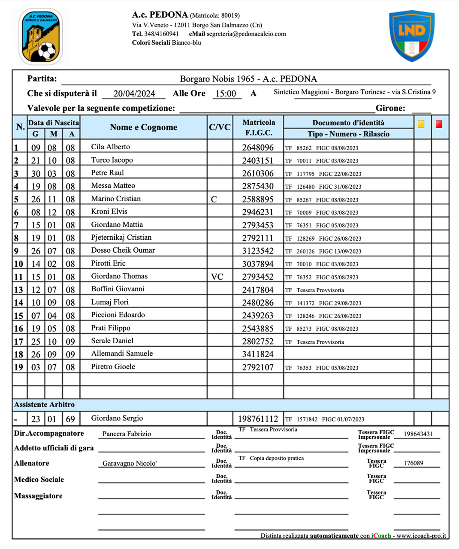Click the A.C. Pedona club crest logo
pos(41,37)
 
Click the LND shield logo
pos(411,36)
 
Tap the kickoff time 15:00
pos(226,94)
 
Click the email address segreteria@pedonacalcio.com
pos(246,34)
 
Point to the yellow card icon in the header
pos(421,124)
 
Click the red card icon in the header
pos(439,124)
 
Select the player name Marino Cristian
pos(116,199)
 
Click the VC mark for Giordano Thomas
pos(217,277)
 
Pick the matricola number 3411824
pos(258,354)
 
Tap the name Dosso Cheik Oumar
pos(123,250)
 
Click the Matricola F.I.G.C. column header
pos(258,127)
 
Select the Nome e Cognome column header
pos(143,127)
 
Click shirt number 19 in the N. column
pos(18,367)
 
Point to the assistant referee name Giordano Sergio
pos(117,418)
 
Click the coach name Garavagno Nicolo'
pos(129,463)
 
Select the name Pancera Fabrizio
pos(127,434)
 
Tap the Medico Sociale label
pos(39,480)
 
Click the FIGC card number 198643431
pos(418,434)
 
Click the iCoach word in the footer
pos(381,536)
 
